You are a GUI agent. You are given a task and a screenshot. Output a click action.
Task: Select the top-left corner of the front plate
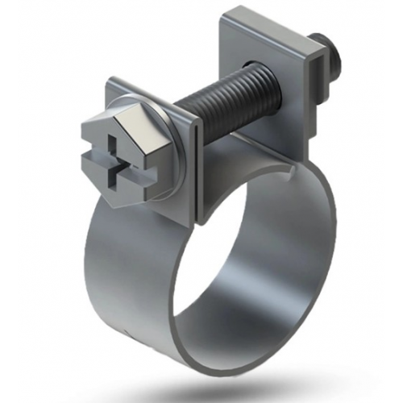[110, 81]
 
